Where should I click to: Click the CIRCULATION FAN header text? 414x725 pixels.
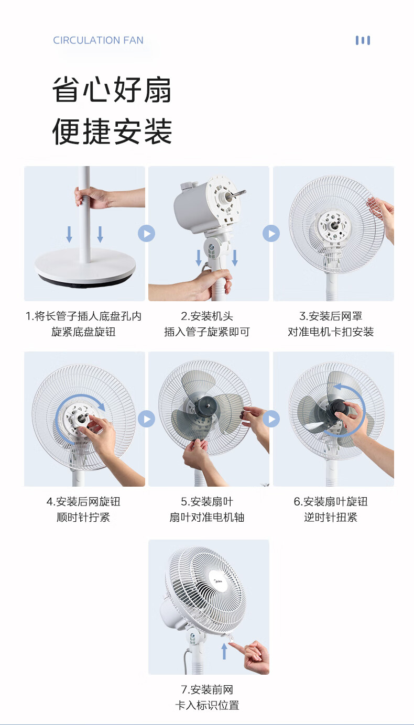pos(98,40)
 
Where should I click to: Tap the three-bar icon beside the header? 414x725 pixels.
pos(363,40)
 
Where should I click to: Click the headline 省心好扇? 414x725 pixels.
pos(112,90)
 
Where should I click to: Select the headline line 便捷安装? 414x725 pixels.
pos(112,131)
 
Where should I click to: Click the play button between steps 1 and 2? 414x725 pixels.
pos(146,233)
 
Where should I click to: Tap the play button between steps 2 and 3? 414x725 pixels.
pos(271,233)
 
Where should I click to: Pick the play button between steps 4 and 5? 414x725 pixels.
pos(146,419)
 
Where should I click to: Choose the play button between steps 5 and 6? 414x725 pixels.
pos(271,419)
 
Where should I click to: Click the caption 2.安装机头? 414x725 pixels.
pos(207,316)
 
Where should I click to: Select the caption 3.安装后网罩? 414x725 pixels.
pos(331,316)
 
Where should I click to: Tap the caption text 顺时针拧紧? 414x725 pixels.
pos(83,517)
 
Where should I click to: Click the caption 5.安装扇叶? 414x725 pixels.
pos(207,502)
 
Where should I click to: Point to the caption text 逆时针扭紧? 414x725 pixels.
pos(331,517)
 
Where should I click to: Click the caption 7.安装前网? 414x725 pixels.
pos(207,690)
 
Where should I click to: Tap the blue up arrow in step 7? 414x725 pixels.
pos(224,651)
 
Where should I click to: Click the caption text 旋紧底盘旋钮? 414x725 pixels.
pos(83,332)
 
